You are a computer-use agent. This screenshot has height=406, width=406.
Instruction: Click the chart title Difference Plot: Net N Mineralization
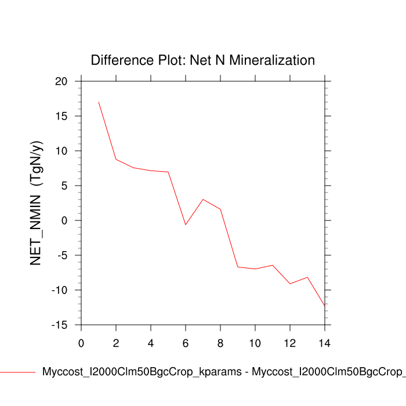(x=203, y=60)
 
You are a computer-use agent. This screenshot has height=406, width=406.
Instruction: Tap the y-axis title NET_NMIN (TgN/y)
(x=36, y=204)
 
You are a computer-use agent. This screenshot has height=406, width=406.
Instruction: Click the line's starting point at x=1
(x=99, y=102)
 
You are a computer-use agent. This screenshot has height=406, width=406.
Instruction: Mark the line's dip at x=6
(x=186, y=224)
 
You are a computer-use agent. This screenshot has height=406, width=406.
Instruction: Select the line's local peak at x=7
(x=203, y=200)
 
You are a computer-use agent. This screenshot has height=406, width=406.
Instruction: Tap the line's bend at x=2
(x=116, y=159)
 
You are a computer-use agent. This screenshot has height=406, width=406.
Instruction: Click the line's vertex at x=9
(x=238, y=267)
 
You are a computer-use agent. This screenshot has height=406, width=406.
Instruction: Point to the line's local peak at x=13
(x=307, y=277)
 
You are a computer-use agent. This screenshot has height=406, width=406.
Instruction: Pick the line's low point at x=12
(x=290, y=284)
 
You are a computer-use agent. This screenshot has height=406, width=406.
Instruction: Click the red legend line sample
(x=17, y=372)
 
